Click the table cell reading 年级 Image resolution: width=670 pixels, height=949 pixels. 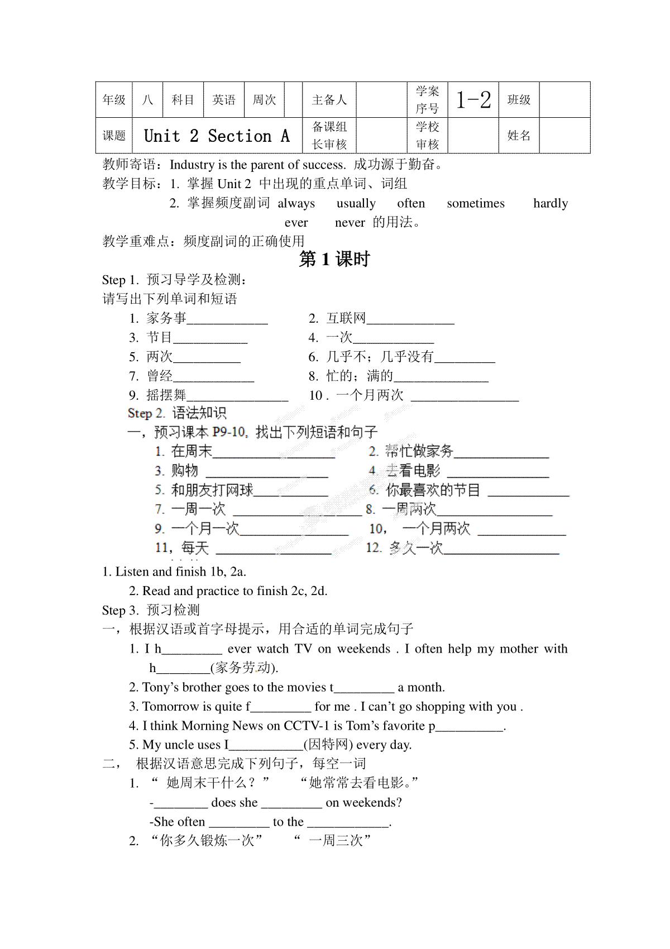[114, 100]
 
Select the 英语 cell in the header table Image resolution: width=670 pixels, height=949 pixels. [224, 100]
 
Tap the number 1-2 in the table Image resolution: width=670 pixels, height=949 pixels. [473, 100]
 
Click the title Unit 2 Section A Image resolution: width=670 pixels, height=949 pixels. [217, 136]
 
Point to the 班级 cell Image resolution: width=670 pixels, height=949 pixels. [519, 100]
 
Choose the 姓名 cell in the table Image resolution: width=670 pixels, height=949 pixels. [519, 136]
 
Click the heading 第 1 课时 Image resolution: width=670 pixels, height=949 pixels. [334, 260]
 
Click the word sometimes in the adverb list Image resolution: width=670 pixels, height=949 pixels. [475, 203]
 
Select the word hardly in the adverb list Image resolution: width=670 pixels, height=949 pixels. [551, 203]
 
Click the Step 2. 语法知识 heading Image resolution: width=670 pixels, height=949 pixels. [177, 413]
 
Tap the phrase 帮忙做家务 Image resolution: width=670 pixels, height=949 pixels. [419, 451]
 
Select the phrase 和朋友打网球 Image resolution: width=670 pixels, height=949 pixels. [212, 490]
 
